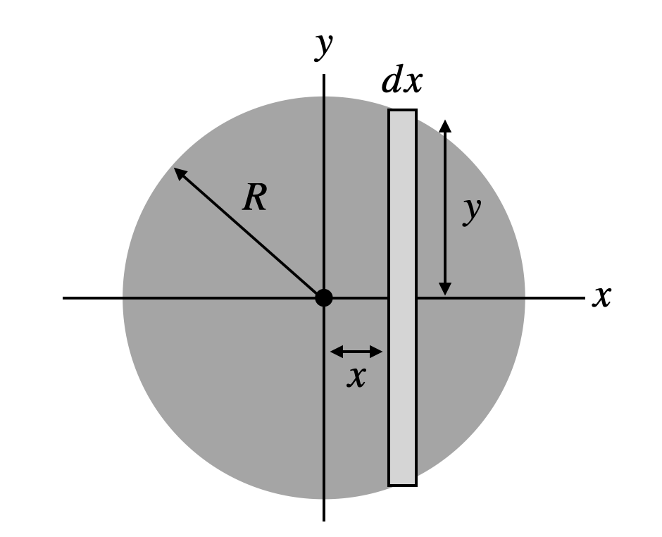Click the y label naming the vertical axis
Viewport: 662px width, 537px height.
pos(323,45)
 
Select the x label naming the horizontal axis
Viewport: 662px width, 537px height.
pos(601,297)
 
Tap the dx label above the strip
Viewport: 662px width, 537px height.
pos(401,82)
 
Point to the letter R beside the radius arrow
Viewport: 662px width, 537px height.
pos(254,199)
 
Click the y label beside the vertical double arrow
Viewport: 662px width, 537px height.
pos(471,209)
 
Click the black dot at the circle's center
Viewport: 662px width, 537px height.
pos(323,297)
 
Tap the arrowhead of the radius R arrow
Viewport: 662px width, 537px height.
pos(179,172)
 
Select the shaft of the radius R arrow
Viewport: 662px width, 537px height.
pos(250,234)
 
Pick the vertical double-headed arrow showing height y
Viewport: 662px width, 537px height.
pos(444,208)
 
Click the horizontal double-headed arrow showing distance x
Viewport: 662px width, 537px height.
pos(356,351)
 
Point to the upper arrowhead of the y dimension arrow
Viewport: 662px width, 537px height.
pos(444,125)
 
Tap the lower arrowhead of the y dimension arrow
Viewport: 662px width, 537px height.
pos(444,289)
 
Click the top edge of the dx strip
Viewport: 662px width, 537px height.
pos(402,110)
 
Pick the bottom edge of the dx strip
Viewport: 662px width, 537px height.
pos(402,485)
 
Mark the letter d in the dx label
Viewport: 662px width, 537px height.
pos(391,82)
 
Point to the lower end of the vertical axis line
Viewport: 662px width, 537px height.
pos(323,519)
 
